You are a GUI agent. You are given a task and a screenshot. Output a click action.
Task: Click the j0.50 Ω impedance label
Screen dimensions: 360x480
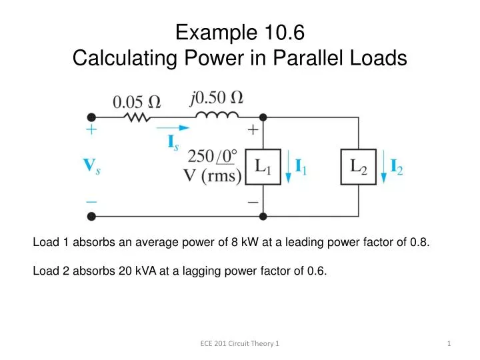(215, 98)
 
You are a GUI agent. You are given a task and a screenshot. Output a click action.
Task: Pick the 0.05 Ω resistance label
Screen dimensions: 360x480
(137, 102)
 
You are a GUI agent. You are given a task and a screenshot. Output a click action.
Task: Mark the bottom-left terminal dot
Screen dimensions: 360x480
(92, 216)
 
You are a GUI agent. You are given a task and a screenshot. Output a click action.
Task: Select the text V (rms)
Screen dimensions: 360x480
(212, 179)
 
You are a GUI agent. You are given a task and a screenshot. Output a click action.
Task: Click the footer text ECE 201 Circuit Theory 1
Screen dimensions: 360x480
(240, 343)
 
